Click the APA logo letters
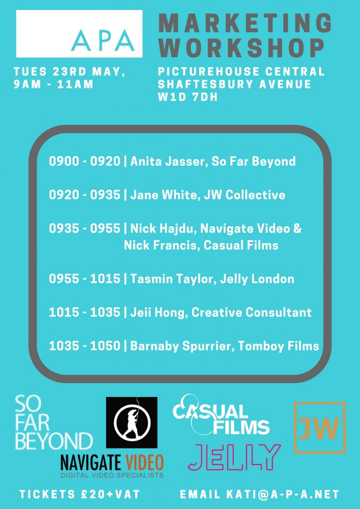[103, 40]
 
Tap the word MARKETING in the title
[246, 23]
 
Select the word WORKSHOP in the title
[242, 48]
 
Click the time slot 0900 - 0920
[85, 162]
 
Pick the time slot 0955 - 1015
[85, 279]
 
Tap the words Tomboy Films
[279, 346]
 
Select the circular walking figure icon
[132, 423]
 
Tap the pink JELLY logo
[234, 457]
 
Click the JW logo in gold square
[320, 428]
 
